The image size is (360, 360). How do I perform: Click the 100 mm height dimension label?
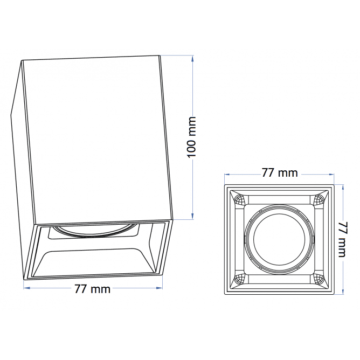click(191, 137)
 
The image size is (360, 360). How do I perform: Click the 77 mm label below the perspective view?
click(92, 289)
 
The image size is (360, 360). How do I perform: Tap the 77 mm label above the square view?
click(280, 173)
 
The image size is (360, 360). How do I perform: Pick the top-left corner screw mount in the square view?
click(238, 199)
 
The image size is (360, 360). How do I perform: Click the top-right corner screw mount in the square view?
click(319, 199)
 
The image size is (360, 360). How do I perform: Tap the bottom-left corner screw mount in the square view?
click(238, 280)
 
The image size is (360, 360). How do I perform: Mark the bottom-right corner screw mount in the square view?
click(319, 280)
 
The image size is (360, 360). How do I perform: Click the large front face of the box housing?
click(97, 140)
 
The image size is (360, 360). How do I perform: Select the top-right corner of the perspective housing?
click(160, 56)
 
